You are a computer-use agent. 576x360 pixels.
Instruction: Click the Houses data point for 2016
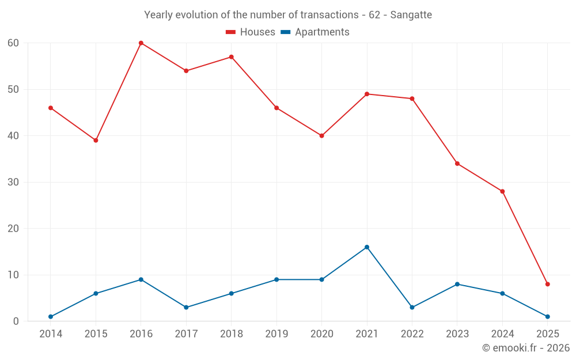click(141, 43)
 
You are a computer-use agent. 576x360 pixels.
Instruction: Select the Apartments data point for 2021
click(367, 247)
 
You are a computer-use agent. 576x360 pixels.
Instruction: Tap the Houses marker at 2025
click(547, 284)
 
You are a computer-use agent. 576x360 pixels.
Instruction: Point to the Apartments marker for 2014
click(51, 317)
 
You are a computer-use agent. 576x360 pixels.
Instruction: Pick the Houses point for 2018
click(232, 57)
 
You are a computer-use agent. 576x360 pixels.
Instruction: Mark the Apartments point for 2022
click(412, 308)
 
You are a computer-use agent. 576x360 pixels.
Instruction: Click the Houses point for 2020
click(321, 136)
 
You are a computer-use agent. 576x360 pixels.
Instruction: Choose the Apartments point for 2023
click(457, 284)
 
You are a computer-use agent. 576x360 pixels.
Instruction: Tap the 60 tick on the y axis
click(13, 43)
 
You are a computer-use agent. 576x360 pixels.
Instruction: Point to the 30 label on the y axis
click(13, 183)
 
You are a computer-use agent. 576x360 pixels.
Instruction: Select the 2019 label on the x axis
click(276, 334)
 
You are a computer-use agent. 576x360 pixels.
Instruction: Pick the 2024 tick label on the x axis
click(502, 334)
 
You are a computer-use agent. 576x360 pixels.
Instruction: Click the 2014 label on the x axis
click(51, 334)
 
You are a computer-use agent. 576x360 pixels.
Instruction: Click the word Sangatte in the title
click(411, 15)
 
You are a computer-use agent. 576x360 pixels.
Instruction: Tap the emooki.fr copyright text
click(525, 348)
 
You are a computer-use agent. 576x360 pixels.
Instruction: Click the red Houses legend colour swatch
click(231, 32)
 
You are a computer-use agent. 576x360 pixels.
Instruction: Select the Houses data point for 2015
click(96, 141)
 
